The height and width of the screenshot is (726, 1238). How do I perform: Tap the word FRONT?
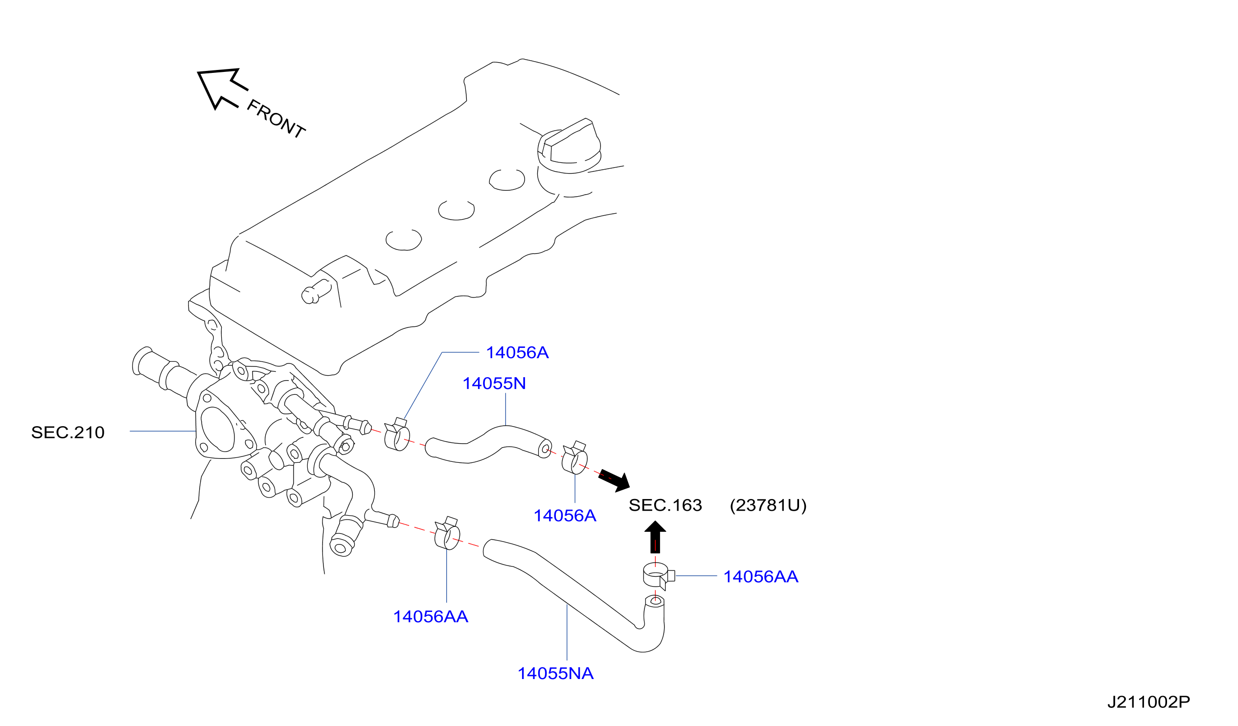276,118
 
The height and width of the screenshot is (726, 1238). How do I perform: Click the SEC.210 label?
68,433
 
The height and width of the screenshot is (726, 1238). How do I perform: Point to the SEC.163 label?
665,505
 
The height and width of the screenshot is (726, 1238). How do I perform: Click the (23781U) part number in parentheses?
768,505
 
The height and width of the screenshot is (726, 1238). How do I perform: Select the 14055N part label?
494,384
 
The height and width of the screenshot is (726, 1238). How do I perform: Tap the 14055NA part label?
555,674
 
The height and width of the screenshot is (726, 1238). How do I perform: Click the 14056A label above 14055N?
517,353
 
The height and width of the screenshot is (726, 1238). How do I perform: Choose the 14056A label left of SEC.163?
565,516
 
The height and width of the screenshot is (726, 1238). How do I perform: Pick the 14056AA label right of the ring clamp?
761,577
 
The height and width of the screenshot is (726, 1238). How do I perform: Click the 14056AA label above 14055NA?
431,617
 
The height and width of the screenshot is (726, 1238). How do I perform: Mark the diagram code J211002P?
1149,702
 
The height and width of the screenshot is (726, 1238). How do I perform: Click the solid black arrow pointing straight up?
655,537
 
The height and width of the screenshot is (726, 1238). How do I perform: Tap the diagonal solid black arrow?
615,481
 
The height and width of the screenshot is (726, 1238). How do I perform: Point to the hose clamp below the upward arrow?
659,576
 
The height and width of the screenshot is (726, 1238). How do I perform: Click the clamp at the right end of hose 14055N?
574,457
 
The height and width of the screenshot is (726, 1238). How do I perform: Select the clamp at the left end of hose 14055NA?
447,533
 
